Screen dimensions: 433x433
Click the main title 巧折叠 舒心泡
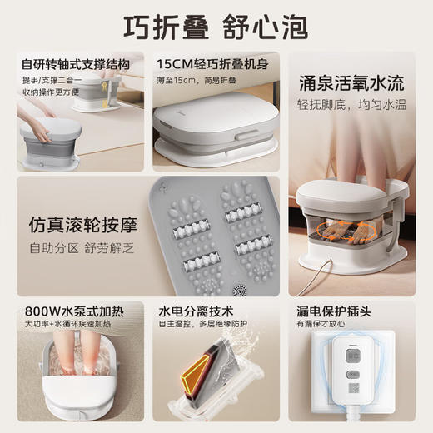[x=216, y=26]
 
